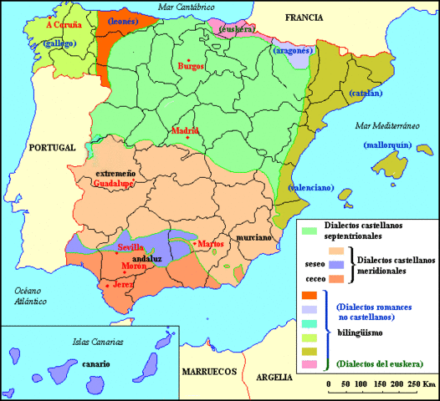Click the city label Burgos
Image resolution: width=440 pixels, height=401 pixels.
(x=192, y=66)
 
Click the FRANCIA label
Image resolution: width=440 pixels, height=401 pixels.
(x=304, y=17)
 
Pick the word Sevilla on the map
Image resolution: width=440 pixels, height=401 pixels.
(x=132, y=248)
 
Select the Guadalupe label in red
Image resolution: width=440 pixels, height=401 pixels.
(x=113, y=183)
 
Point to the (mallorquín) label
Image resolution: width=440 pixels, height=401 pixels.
(x=387, y=145)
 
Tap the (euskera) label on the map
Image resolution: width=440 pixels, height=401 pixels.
(x=236, y=29)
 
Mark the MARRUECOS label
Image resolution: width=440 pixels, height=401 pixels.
(x=209, y=372)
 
